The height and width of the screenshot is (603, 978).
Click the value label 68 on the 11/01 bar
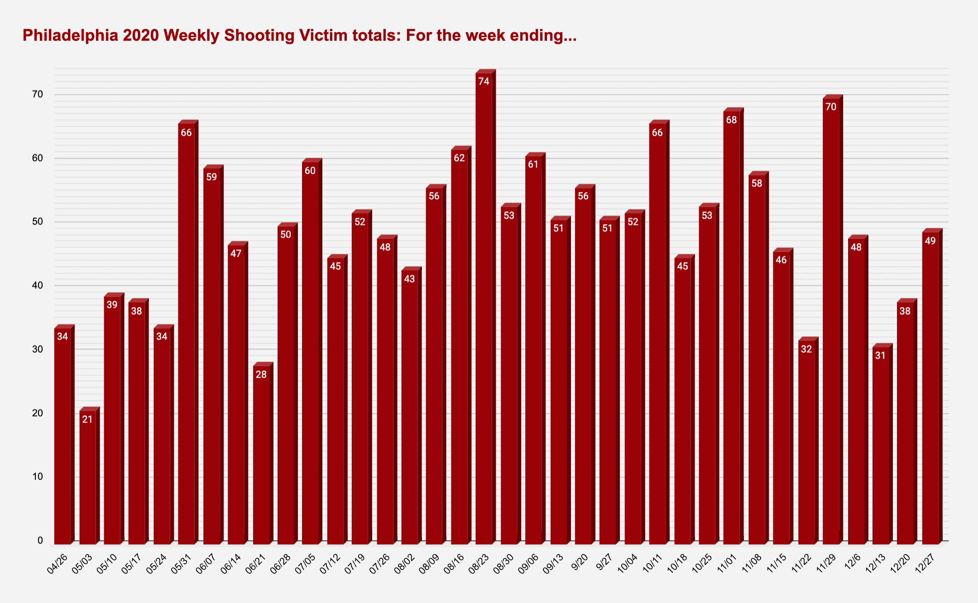(x=732, y=120)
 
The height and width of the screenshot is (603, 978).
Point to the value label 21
(x=87, y=420)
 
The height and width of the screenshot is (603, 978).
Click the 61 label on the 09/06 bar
(x=533, y=164)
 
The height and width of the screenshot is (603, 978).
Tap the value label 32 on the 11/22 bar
(x=806, y=349)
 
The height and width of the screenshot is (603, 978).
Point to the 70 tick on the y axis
(x=38, y=95)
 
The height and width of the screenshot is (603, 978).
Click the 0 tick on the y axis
(x=40, y=541)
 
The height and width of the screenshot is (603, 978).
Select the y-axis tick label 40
(x=38, y=286)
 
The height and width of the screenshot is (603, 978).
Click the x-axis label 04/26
(x=58, y=564)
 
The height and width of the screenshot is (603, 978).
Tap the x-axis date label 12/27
(x=925, y=564)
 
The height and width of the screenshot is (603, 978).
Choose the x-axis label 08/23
(x=479, y=564)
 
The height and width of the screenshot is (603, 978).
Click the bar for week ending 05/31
(x=187, y=335)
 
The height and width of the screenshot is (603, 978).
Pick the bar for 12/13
(x=881, y=448)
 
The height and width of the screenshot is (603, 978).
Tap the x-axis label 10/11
(x=652, y=564)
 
